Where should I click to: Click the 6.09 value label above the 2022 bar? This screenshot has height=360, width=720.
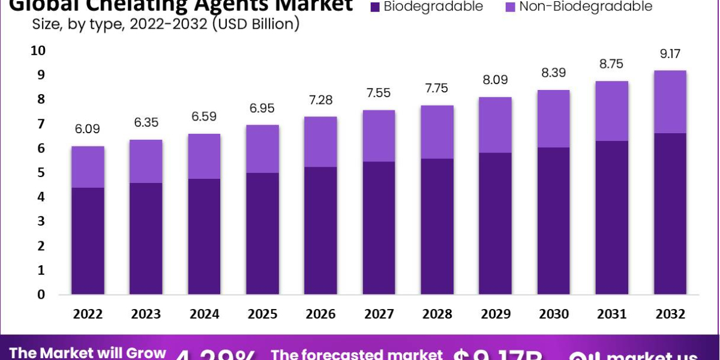pos(88,128)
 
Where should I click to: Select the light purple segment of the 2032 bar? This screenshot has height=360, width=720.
pos(670,101)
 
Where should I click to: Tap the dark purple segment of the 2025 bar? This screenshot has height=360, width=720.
pos(262,233)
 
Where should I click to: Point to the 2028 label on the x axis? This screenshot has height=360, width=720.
pos(437,314)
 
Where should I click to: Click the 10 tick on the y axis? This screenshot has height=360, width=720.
pos(38,50)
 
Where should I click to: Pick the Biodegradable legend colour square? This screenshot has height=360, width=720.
pos(375,7)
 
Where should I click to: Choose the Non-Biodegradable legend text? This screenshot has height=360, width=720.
pos(586,7)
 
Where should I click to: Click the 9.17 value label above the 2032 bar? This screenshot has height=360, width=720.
pos(670,53)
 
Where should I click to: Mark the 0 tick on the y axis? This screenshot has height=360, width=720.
pos(40,294)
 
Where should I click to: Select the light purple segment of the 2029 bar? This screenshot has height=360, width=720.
pos(495,125)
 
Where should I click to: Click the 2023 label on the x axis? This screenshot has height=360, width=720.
pos(146,314)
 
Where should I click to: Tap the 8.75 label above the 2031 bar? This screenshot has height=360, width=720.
pos(611,64)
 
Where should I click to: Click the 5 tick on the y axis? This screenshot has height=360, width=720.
pos(40,172)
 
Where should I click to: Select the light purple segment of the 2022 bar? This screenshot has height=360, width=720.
pos(88,167)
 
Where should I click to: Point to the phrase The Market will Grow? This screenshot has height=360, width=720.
pos(88,353)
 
